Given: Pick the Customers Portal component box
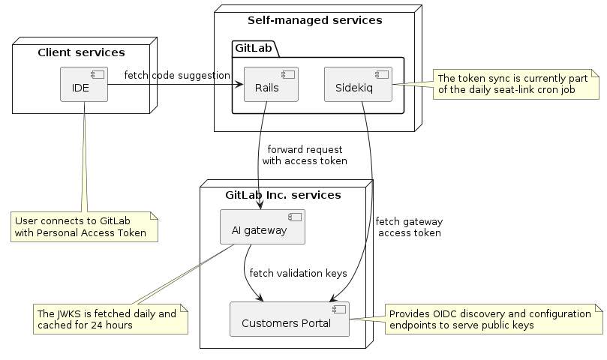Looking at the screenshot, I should (x=290, y=319).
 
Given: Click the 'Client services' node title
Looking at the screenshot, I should (x=81, y=52).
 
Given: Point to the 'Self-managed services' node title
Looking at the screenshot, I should (x=315, y=20).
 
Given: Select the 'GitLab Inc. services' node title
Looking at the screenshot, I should (x=283, y=195).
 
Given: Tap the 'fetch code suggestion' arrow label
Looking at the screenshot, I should (x=177, y=75).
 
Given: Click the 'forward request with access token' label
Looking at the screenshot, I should (x=305, y=154).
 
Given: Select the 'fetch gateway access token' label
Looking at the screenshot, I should (x=409, y=227).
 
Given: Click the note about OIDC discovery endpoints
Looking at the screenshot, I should (x=494, y=319).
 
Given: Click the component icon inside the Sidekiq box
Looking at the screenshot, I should (x=382, y=74).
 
